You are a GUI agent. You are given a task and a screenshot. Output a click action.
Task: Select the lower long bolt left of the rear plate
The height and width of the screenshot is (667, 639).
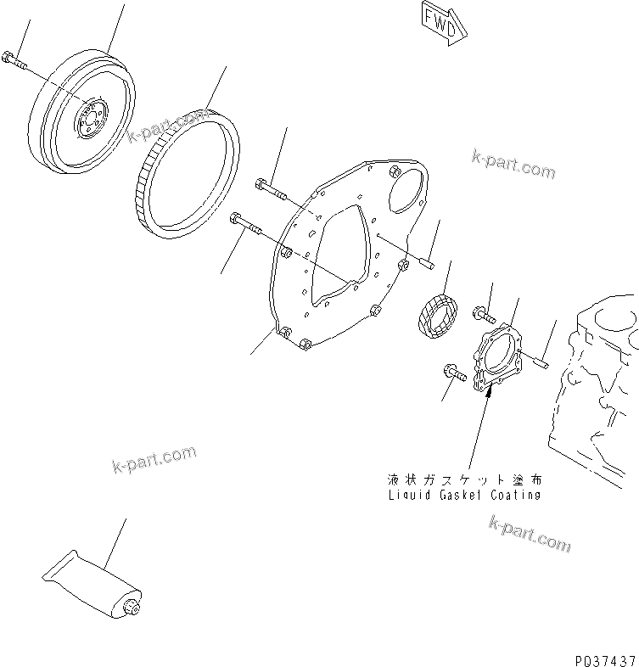click(x=250, y=227)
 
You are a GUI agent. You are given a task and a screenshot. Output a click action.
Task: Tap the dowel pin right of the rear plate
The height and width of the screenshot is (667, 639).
click(x=427, y=265)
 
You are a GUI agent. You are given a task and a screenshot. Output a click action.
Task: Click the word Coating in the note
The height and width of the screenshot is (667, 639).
click(x=515, y=495)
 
